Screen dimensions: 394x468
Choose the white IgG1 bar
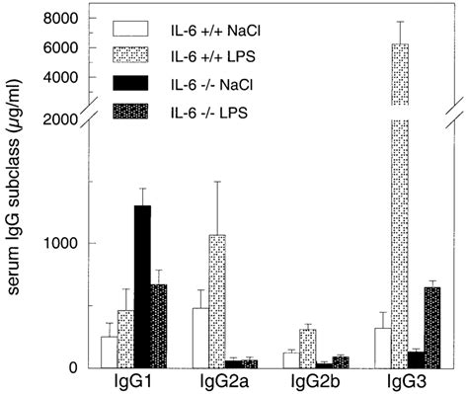pos(109,352)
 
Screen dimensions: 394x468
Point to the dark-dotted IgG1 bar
pos(159,326)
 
